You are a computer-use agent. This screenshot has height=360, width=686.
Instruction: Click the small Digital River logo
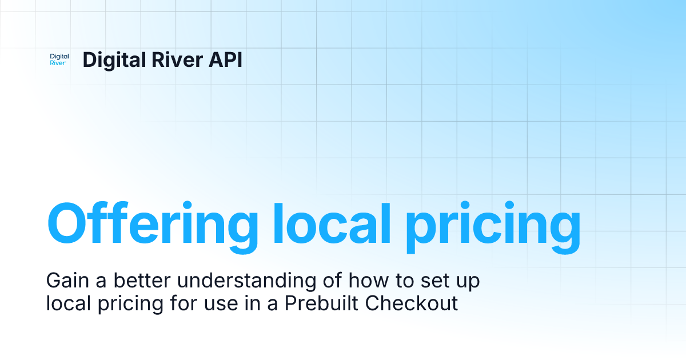(59, 59)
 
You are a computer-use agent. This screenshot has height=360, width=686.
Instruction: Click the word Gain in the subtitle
(63, 281)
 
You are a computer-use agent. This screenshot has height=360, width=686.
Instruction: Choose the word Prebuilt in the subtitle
(312, 303)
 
